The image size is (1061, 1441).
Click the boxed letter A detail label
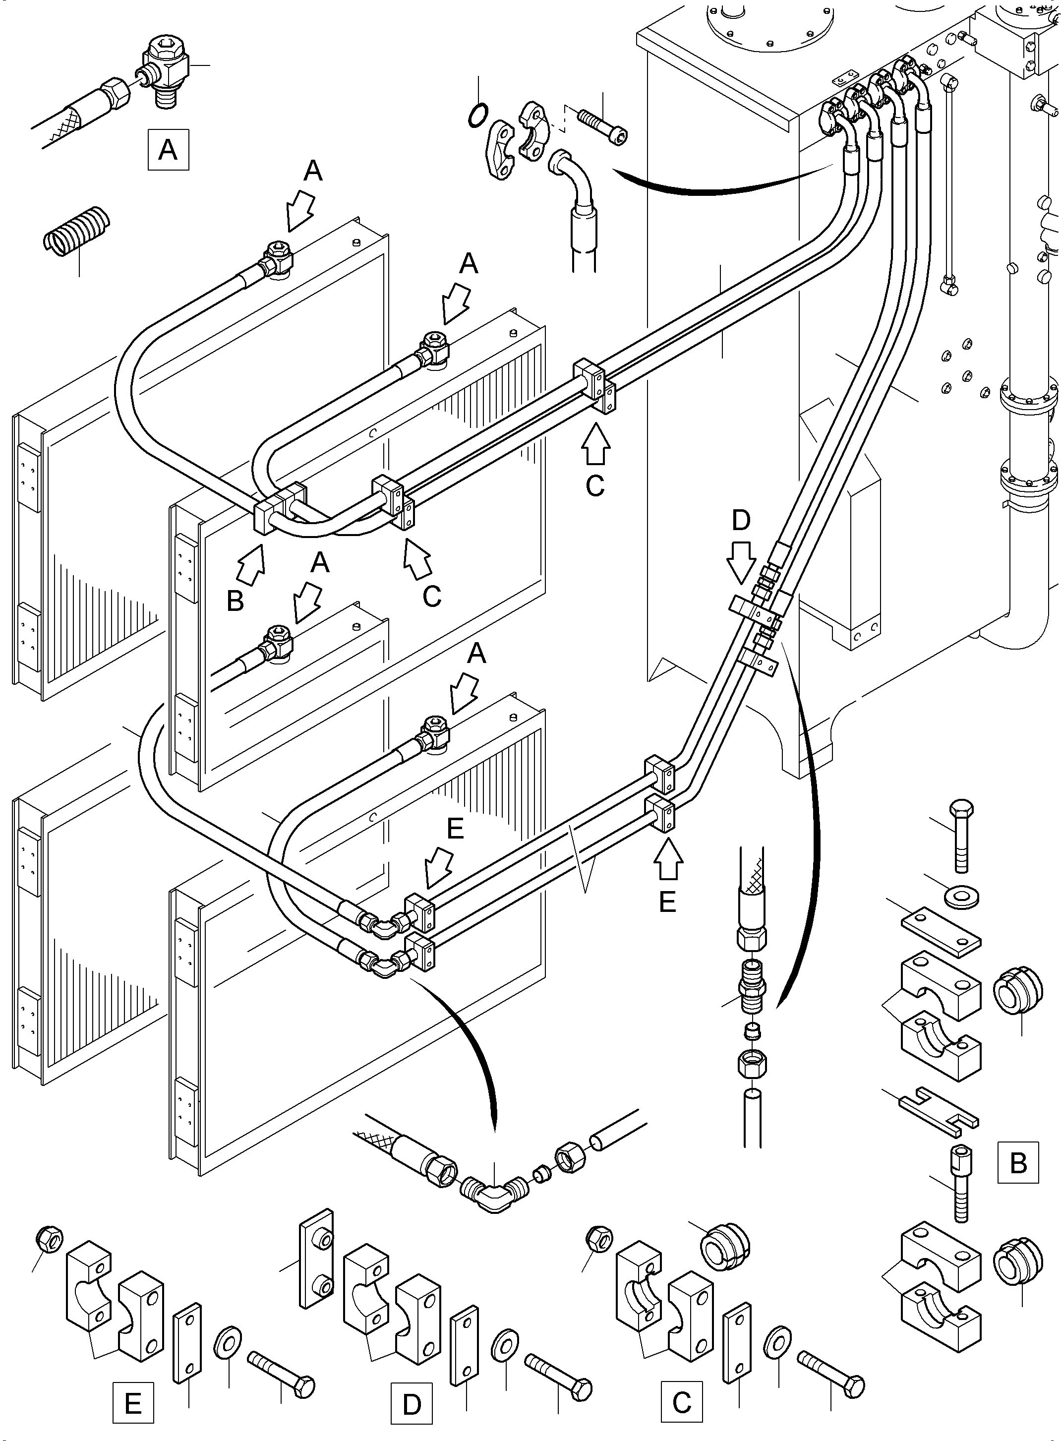click(168, 150)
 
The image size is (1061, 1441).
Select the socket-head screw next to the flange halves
click(603, 126)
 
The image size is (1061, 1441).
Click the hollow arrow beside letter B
click(252, 563)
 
